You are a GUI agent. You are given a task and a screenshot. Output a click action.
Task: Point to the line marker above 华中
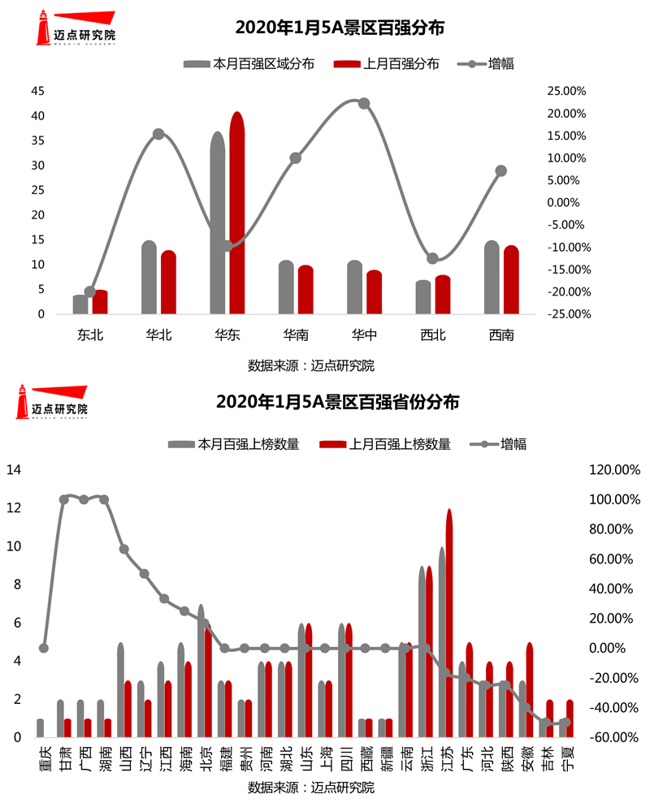pyautogui.click(x=364, y=103)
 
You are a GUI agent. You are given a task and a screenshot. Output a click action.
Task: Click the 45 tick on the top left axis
pyautogui.click(x=37, y=91)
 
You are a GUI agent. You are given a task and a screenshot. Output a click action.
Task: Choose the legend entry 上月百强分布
pyautogui.click(x=386, y=64)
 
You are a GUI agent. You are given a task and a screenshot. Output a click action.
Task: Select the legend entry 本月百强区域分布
pyautogui.click(x=249, y=64)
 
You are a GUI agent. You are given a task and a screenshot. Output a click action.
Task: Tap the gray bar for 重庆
pyautogui.click(x=41, y=728)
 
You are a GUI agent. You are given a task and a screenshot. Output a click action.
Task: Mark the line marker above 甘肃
pyautogui.click(x=64, y=499)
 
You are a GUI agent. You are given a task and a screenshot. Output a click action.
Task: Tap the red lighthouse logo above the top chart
pyautogui.click(x=42, y=28)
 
